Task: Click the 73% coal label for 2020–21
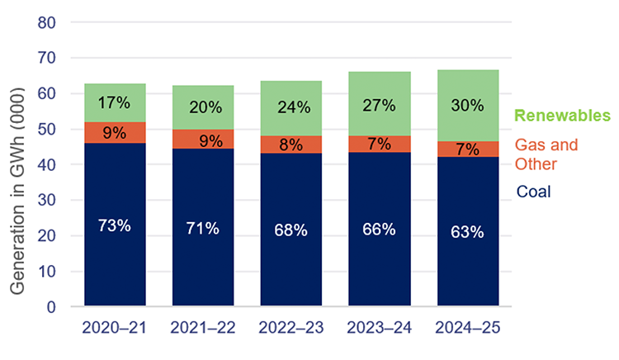[115, 225]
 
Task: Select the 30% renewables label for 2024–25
[466, 107]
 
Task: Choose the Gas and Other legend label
[546, 154]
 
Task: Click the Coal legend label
[533, 192]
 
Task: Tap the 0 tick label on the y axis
[50, 307]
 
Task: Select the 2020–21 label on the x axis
[115, 329]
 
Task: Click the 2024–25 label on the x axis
[466, 329]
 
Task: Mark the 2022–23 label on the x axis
[291, 329]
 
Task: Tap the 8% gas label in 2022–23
[291, 144]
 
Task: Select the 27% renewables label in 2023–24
[379, 107]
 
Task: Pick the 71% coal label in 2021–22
[202, 228]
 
